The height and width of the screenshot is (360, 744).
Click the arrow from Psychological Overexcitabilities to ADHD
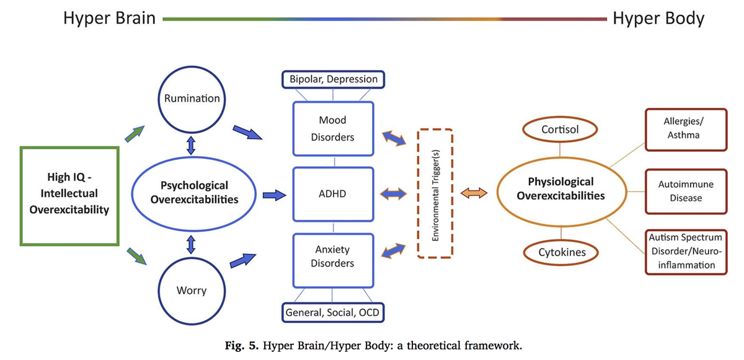[x=274, y=195]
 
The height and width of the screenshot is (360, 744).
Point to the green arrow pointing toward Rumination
[x=135, y=134]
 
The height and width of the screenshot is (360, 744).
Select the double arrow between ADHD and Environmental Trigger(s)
[x=393, y=194]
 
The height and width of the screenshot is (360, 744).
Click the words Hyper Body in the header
[x=658, y=19]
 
